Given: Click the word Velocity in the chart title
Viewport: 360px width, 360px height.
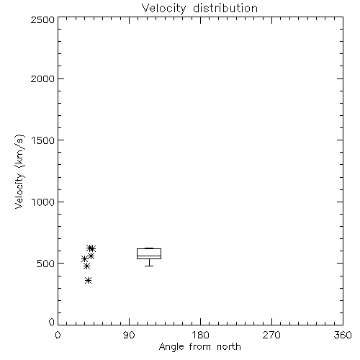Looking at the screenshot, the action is (x=163, y=9).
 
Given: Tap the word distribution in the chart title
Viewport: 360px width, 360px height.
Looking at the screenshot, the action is (x=225, y=8).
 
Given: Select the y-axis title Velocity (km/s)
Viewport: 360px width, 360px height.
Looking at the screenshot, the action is (x=19, y=172).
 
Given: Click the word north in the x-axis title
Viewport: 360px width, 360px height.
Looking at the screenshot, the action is (x=229, y=346).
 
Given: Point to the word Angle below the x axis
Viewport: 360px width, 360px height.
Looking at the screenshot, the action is (x=171, y=347).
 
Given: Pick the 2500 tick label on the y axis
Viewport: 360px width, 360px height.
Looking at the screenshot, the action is (x=43, y=19).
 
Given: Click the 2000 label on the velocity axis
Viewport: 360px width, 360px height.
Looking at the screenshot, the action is (x=43, y=78).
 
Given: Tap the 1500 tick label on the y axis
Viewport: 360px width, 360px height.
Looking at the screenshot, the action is (x=43, y=140).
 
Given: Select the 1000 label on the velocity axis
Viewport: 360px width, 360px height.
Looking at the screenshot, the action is (x=43, y=202).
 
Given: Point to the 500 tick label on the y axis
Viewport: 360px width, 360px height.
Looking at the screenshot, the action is (x=46, y=264).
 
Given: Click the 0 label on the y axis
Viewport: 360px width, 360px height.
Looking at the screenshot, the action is (x=52, y=322).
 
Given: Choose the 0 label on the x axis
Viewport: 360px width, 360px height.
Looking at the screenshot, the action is (x=58, y=335).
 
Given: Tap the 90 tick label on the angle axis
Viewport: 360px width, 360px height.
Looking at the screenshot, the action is (x=129, y=335).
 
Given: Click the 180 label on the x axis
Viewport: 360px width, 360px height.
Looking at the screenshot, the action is (x=200, y=335).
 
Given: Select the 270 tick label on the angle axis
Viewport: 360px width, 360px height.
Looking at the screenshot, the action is (x=271, y=335).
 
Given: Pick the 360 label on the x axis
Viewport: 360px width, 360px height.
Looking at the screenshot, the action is (x=343, y=335).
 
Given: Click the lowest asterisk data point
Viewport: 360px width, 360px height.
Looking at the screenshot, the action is (x=88, y=280).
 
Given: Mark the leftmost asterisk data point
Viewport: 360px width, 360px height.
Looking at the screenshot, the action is (x=84, y=259).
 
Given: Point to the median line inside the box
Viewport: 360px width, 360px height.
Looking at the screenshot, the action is (x=149, y=256).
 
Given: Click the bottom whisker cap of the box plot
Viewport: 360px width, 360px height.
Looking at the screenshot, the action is (x=149, y=266).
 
